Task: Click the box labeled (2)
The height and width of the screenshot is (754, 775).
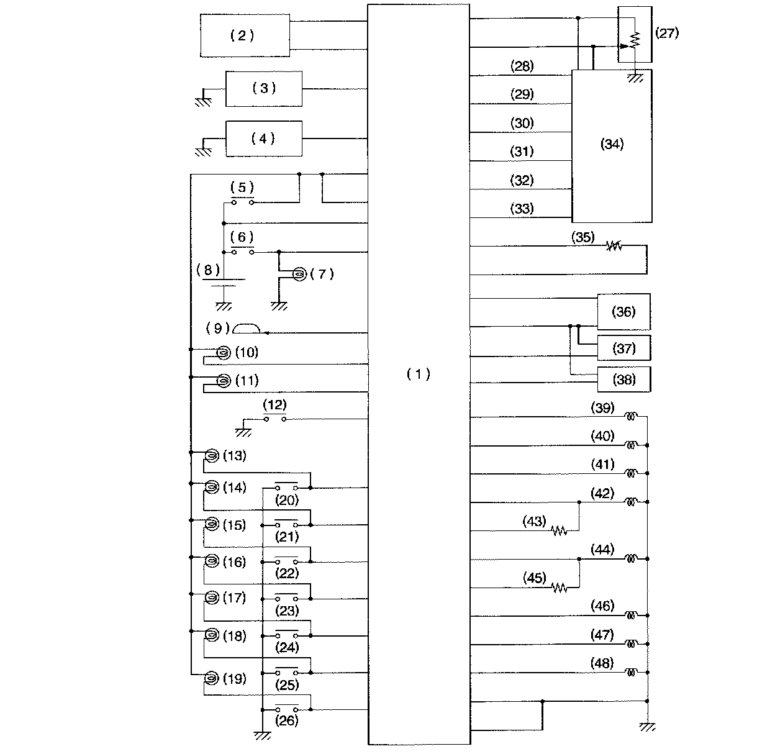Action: (x=245, y=35)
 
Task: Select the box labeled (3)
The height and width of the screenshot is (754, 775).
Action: (x=263, y=88)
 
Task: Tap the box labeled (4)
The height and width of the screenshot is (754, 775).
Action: (x=263, y=139)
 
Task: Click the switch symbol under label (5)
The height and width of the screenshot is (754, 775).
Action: (x=242, y=201)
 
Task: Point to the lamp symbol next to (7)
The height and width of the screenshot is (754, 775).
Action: (x=299, y=273)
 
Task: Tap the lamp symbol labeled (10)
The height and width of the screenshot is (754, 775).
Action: (x=222, y=353)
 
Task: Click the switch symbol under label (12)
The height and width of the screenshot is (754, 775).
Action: (x=274, y=419)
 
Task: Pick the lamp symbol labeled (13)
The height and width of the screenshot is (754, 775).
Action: (x=211, y=456)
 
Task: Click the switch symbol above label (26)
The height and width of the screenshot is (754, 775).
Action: (x=286, y=709)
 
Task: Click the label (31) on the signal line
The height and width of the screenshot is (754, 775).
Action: (x=522, y=152)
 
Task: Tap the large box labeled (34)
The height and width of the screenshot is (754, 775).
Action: (x=612, y=145)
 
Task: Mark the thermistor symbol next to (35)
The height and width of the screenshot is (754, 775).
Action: (x=614, y=246)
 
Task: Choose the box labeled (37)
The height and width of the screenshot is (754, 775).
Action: (x=623, y=348)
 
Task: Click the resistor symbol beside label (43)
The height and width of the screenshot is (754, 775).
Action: (x=559, y=530)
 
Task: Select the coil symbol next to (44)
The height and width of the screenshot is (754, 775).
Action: (x=631, y=558)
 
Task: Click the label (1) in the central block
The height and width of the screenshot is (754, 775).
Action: (x=418, y=374)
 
